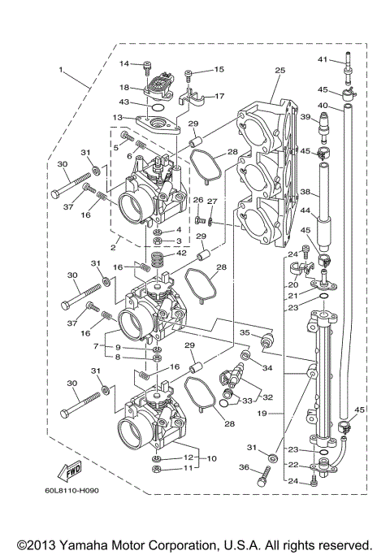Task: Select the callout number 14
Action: (125, 63)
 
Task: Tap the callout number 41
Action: (344, 60)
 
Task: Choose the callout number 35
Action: (243, 332)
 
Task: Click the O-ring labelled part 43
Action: (158, 106)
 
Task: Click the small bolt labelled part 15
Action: (188, 76)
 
